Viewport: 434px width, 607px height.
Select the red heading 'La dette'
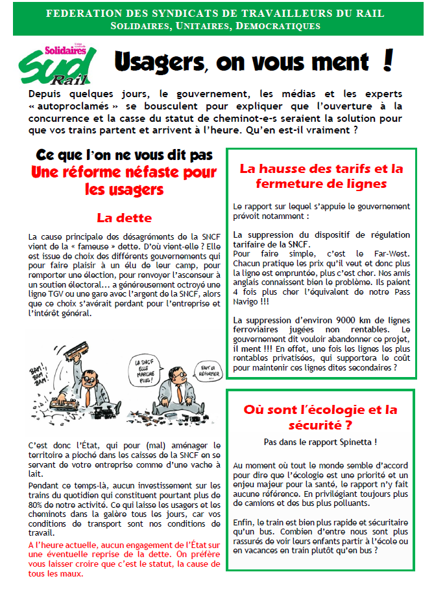pos(124,218)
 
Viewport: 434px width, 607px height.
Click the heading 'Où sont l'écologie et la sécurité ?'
pos(320,417)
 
